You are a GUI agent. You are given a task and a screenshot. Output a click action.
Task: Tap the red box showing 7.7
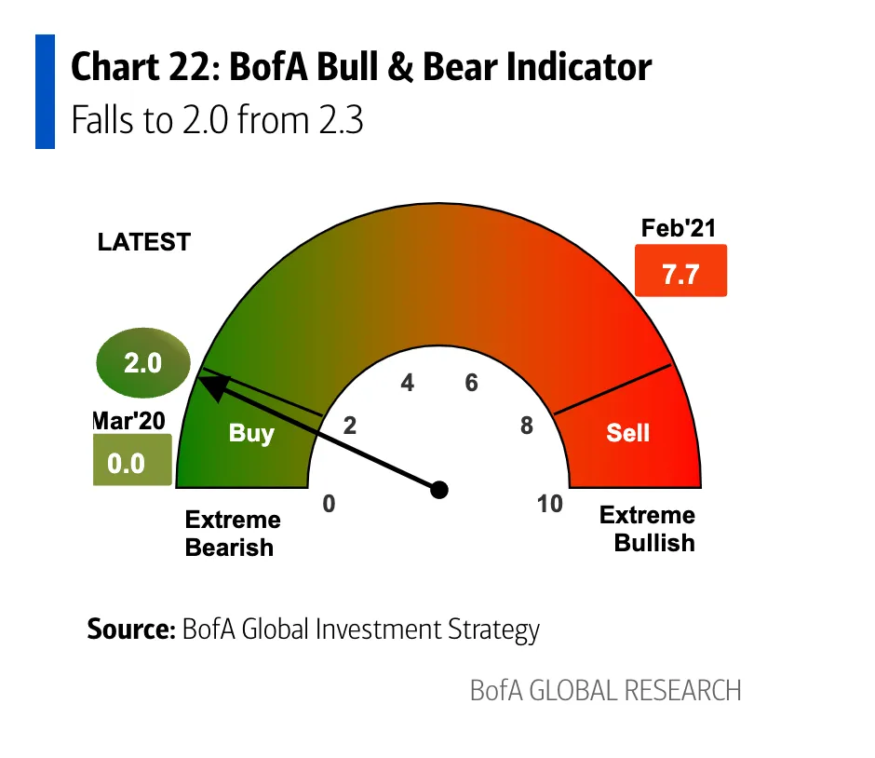pyautogui.click(x=680, y=272)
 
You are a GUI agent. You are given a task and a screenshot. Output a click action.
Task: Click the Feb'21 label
pyautogui.click(x=679, y=229)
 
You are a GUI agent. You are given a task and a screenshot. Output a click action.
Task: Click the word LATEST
pyautogui.click(x=143, y=243)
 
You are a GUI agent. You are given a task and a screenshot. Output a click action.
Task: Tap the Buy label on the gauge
pyautogui.click(x=251, y=433)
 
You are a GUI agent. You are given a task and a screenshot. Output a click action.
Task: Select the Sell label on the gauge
pyautogui.click(x=627, y=432)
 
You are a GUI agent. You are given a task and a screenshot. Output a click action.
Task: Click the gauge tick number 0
pyautogui.click(x=329, y=504)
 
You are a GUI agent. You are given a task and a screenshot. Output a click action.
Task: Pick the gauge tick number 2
pyautogui.click(x=350, y=426)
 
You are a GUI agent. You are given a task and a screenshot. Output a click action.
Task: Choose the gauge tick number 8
pyautogui.click(x=527, y=426)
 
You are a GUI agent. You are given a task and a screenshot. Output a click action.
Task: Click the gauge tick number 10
pyautogui.click(x=550, y=504)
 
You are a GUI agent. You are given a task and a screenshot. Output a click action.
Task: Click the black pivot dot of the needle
pyautogui.click(x=440, y=490)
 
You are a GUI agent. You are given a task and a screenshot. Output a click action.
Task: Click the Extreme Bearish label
pyautogui.click(x=233, y=533)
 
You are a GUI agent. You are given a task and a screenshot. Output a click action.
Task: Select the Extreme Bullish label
pyautogui.click(x=648, y=529)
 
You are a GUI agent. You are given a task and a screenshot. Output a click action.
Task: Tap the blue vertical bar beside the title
pyautogui.click(x=45, y=91)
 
